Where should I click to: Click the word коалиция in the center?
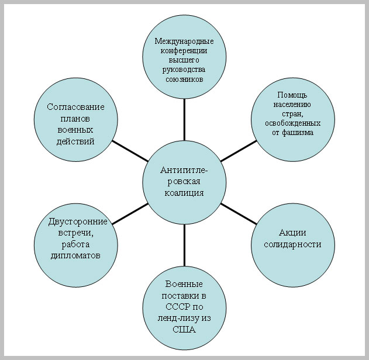[184, 193]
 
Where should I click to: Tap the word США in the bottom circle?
[184, 330]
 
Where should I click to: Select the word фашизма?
[297, 133]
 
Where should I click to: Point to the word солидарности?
[293, 244]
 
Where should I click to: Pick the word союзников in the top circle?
[184, 79]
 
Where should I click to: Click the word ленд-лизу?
[173, 319]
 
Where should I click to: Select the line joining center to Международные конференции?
[184, 119]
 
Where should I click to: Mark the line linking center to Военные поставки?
[184, 245]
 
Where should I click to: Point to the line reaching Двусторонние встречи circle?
[129, 213]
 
